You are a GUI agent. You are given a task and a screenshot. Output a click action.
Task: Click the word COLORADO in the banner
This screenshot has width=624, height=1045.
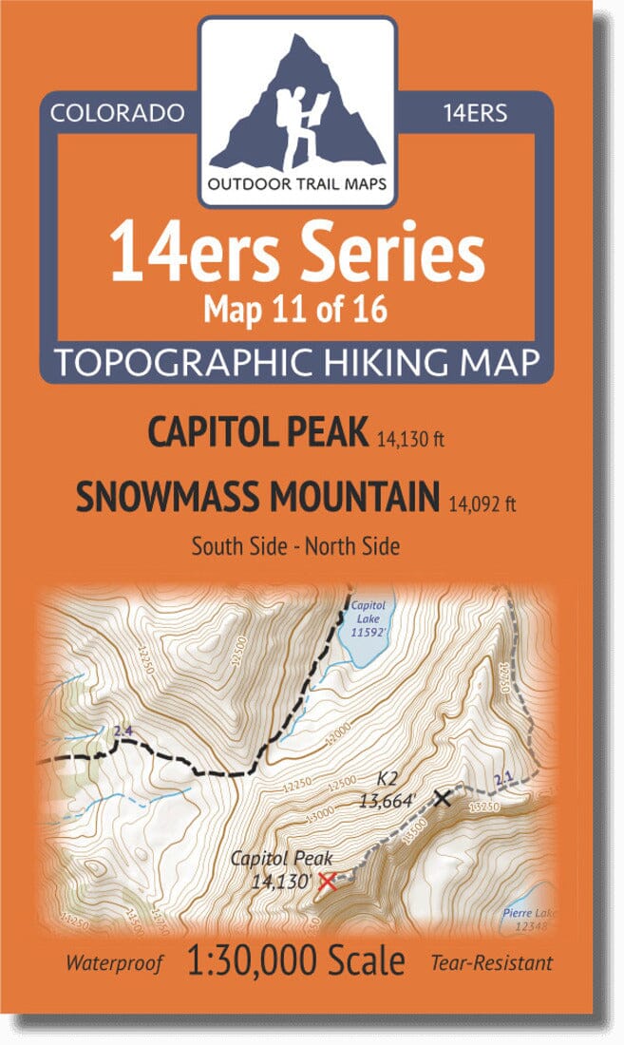click(x=116, y=114)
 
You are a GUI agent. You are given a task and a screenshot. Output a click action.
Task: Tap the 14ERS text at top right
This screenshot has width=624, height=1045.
click(x=474, y=114)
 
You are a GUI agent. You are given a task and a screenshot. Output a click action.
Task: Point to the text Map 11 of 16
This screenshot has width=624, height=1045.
click(x=296, y=311)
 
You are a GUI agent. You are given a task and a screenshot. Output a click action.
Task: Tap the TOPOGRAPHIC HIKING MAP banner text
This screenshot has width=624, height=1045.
click(x=296, y=362)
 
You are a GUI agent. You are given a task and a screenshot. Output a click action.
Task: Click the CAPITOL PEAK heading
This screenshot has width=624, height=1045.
click(x=256, y=433)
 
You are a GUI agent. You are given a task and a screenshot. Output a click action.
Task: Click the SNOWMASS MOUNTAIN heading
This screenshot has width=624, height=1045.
click(x=257, y=496)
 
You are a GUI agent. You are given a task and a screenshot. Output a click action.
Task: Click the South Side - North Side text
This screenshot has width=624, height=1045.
click(x=295, y=546)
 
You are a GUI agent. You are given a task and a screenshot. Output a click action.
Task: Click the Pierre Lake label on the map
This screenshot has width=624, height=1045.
click(x=526, y=919)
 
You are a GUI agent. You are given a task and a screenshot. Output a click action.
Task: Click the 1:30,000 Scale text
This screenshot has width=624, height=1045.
click(x=295, y=961)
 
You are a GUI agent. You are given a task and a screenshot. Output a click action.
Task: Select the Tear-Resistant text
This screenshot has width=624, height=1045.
click(x=490, y=963)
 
